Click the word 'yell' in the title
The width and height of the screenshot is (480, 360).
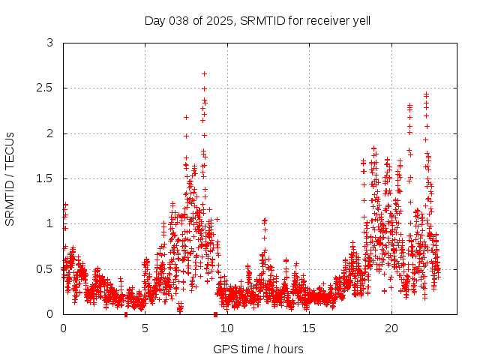coord(361,20)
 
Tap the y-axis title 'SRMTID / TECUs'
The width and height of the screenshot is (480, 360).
coord(10,178)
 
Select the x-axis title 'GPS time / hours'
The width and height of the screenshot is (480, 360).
coord(258,349)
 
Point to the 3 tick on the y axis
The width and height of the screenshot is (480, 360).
coord(49,43)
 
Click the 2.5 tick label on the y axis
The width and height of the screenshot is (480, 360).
coord(46,88)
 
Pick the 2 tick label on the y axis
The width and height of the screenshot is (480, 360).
coord(49,133)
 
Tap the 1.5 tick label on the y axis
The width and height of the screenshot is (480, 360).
coord(46,178)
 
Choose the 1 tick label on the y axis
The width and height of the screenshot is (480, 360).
coord(49,223)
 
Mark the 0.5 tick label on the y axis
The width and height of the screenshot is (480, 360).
coord(46,268)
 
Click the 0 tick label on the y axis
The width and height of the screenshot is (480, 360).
coord(49,313)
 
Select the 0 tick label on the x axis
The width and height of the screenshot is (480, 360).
coord(63,328)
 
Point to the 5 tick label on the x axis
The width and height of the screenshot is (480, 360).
coord(145,328)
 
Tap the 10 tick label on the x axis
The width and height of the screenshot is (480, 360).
coord(227,328)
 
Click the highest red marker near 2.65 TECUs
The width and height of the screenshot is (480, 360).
coord(204,73)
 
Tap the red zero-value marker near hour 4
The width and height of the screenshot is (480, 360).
coord(126,313)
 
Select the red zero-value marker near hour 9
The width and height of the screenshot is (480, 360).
coord(215,313)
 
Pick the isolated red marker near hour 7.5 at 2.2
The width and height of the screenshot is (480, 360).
coord(186,117)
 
